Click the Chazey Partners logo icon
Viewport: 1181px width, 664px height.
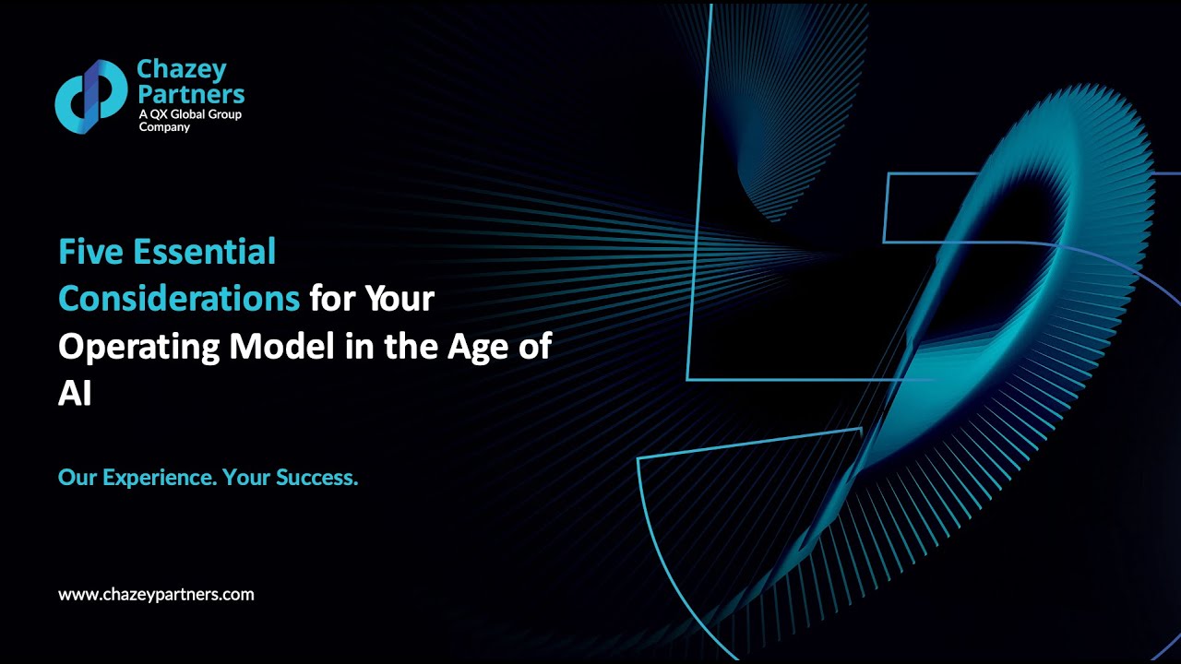90,96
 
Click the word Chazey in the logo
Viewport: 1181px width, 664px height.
181,69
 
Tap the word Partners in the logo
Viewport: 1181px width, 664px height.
191,93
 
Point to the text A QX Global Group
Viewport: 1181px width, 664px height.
189,114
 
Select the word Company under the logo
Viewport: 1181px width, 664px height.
163,127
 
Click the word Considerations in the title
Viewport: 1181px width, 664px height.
179,299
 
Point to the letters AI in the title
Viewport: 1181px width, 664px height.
75,395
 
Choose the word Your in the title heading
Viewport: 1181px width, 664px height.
399,299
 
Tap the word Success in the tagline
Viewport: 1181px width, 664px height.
316,478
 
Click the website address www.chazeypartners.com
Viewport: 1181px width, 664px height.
156,595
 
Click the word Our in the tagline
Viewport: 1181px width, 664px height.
78,478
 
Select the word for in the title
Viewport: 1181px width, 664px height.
330,299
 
